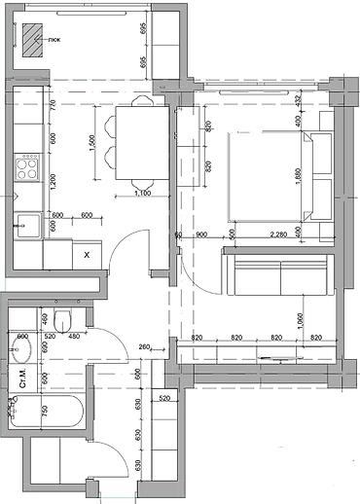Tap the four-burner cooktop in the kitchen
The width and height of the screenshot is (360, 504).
pyautogui.click(x=26, y=169)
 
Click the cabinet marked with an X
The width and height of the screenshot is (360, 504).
pyautogui.click(x=87, y=254)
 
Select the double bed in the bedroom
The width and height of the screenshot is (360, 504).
pyautogui.click(x=268, y=176)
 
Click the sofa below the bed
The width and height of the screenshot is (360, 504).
pyautogui.click(x=277, y=271)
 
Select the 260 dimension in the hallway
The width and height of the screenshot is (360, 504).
pyautogui.click(x=144, y=346)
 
